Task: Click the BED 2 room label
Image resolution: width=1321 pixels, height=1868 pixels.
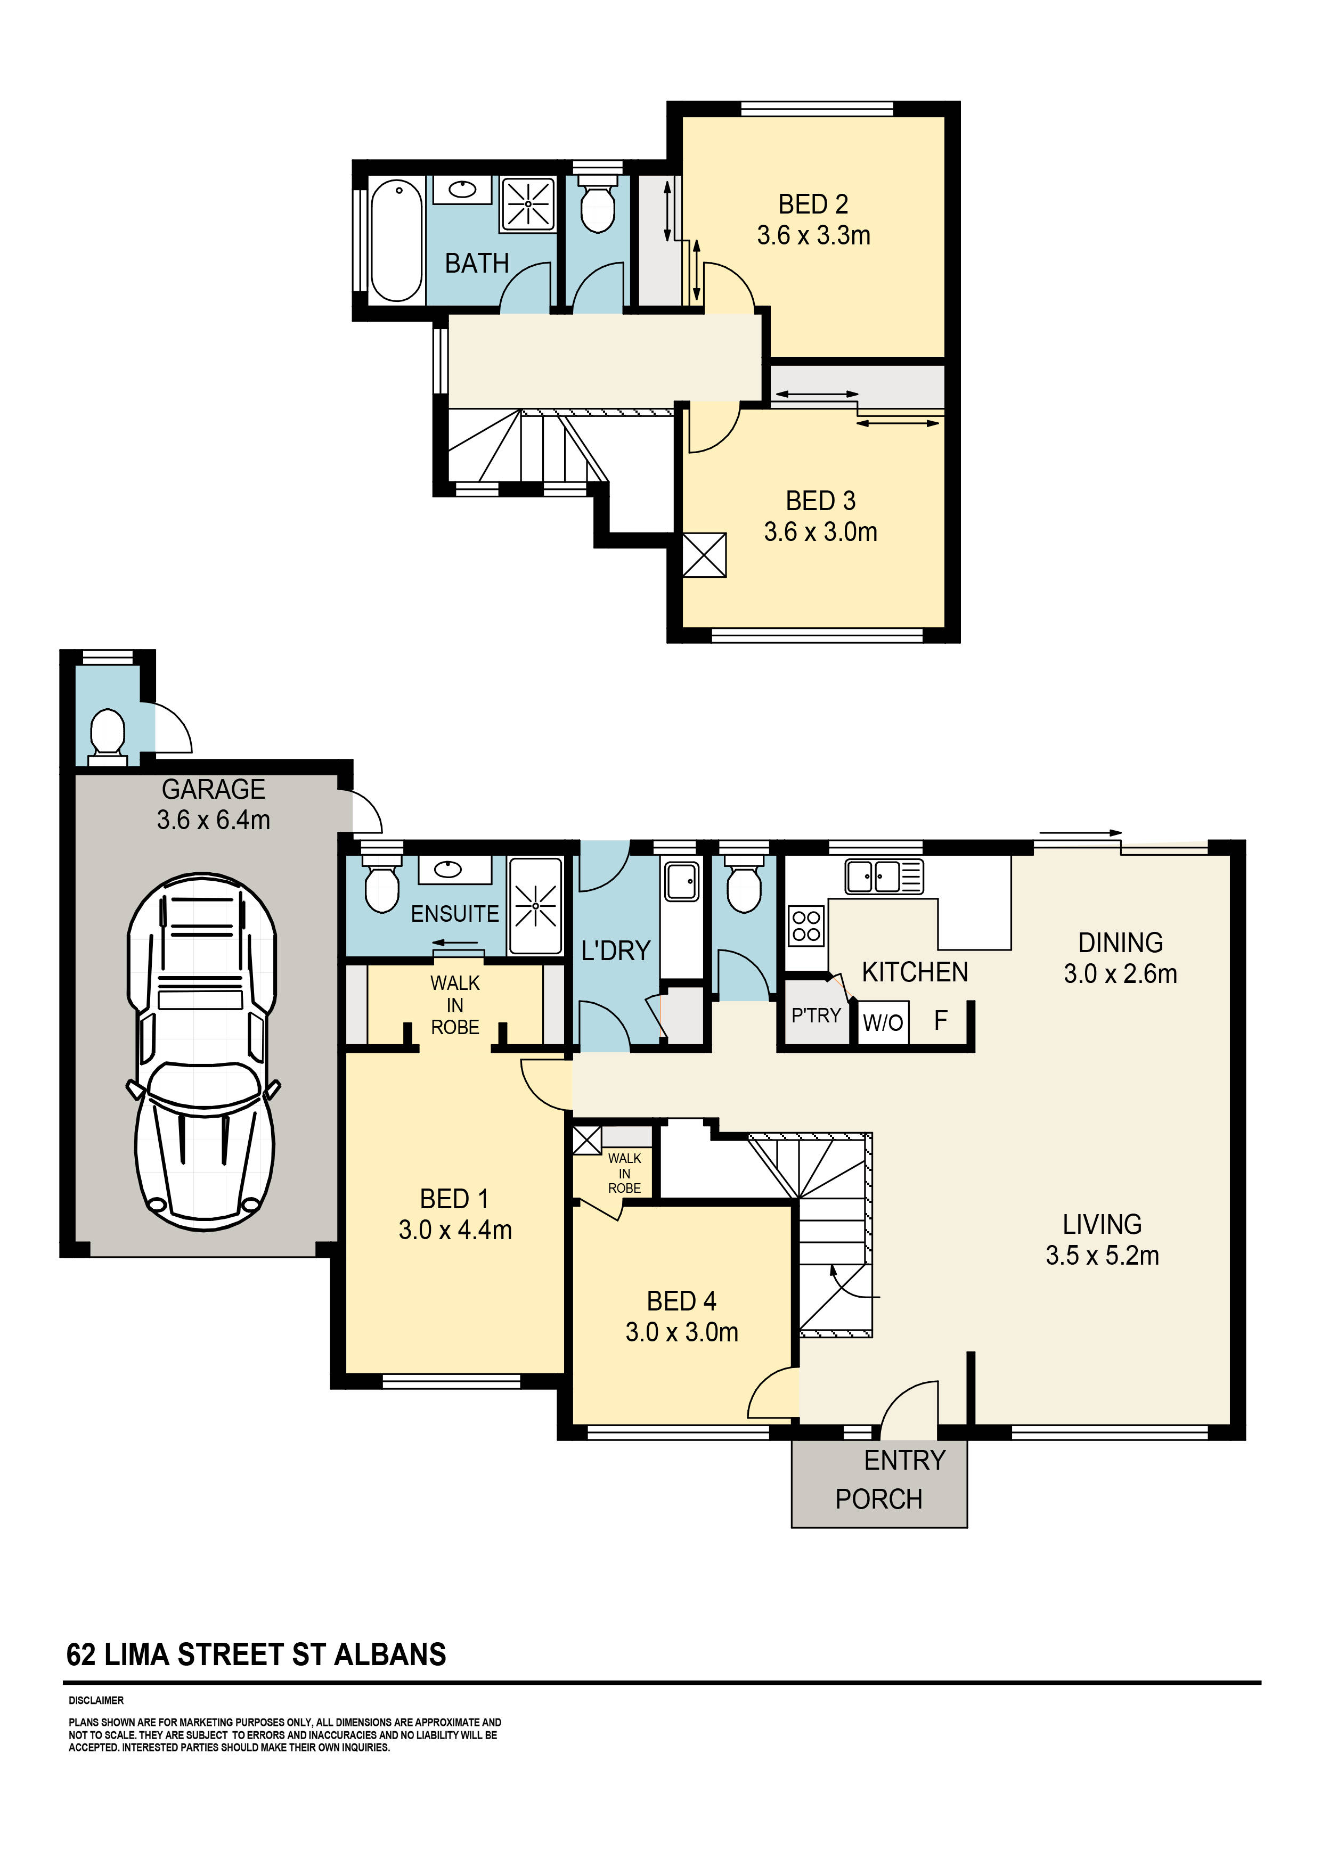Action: (813, 204)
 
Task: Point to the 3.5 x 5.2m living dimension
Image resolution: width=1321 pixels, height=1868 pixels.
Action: (1102, 1256)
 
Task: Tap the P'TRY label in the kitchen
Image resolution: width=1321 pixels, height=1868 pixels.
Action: (816, 1015)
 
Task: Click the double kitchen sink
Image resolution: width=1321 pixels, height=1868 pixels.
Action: (883, 877)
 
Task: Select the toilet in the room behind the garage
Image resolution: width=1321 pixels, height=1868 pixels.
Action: (107, 732)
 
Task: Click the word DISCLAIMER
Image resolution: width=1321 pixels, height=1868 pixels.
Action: (96, 1700)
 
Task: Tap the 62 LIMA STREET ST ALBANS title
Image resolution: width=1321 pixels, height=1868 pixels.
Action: (256, 1655)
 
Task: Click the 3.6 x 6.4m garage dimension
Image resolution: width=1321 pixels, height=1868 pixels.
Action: (213, 820)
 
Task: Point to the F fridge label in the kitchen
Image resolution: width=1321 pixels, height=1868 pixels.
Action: (941, 1020)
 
